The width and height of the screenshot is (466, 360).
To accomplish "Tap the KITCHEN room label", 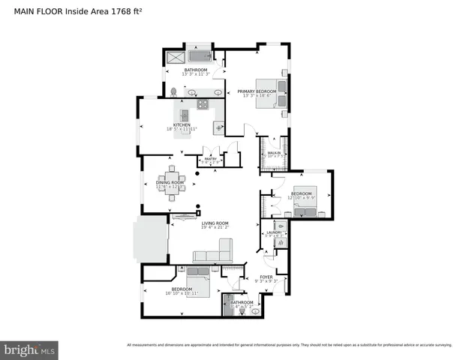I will coord(182,125).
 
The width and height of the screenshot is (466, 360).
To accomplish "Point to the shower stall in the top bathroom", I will coord(174,57).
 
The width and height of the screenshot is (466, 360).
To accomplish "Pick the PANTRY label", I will coord(210,159).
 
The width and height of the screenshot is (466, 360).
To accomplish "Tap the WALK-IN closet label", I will coord(274,153).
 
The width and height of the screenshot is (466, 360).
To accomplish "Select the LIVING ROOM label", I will coord(215,223).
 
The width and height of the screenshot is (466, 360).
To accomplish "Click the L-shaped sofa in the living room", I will coord(213,253).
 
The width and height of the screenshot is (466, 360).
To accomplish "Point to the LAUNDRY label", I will coord(274,232).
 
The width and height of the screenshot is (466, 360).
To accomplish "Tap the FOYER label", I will coord(266,277).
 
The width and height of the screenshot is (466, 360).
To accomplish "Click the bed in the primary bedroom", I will coord(268,93).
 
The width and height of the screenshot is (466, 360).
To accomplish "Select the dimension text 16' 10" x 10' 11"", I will coord(182,293).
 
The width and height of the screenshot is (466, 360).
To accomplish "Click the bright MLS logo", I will coord(30,349).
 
